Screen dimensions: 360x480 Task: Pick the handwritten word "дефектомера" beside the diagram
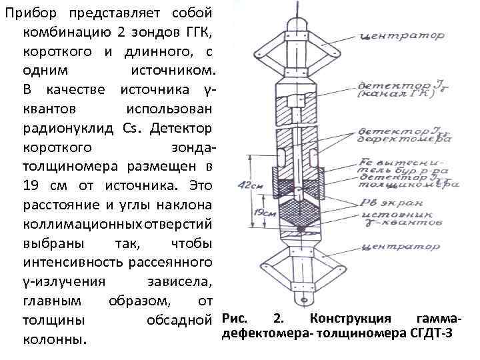pyautogui.click(x=400, y=140)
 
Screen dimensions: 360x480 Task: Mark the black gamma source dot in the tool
pyautogui.click(x=302, y=229)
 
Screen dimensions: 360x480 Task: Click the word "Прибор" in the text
pyautogui.click(x=31, y=13)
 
